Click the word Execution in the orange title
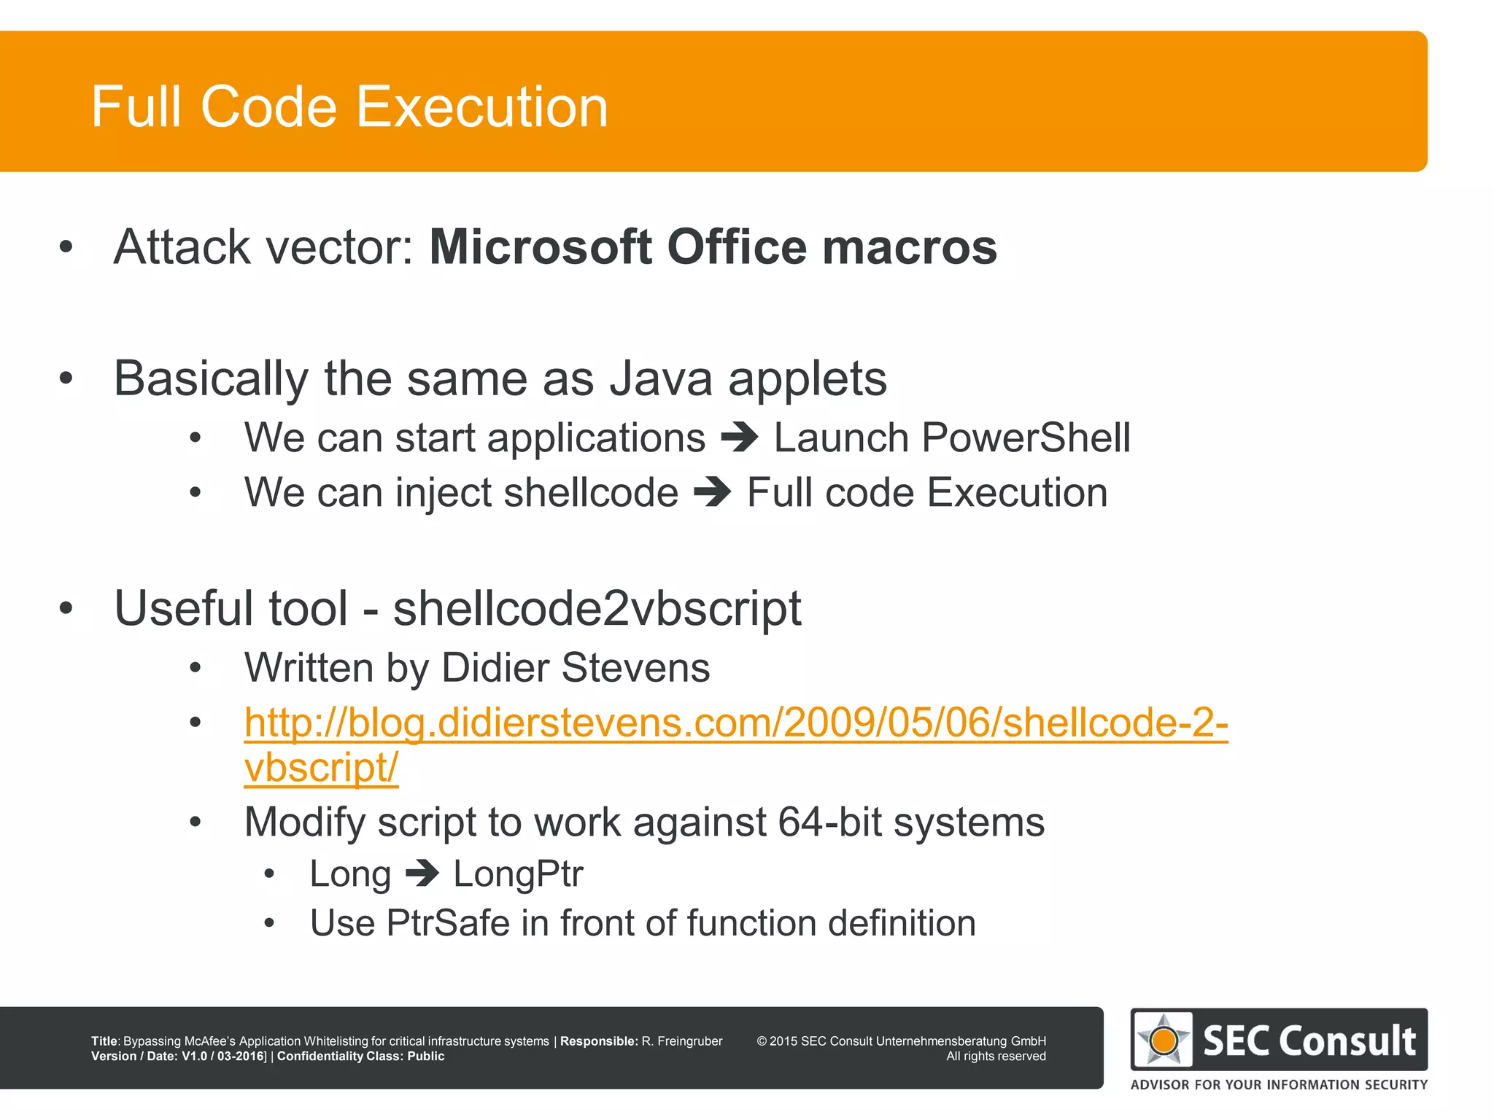point(482,106)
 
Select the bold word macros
point(910,246)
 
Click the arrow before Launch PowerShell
point(740,437)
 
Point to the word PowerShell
point(1026,437)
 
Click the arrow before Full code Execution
point(713,492)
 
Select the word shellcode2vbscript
point(597,607)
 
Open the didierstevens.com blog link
point(735,723)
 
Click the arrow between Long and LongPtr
point(422,873)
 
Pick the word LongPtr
point(518,874)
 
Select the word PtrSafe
point(448,922)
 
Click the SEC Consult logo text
point(1309,1041)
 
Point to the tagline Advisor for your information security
point(1279,1084)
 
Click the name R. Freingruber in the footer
point(681,1041)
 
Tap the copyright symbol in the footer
point(762,1041)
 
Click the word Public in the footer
point(425,1056)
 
